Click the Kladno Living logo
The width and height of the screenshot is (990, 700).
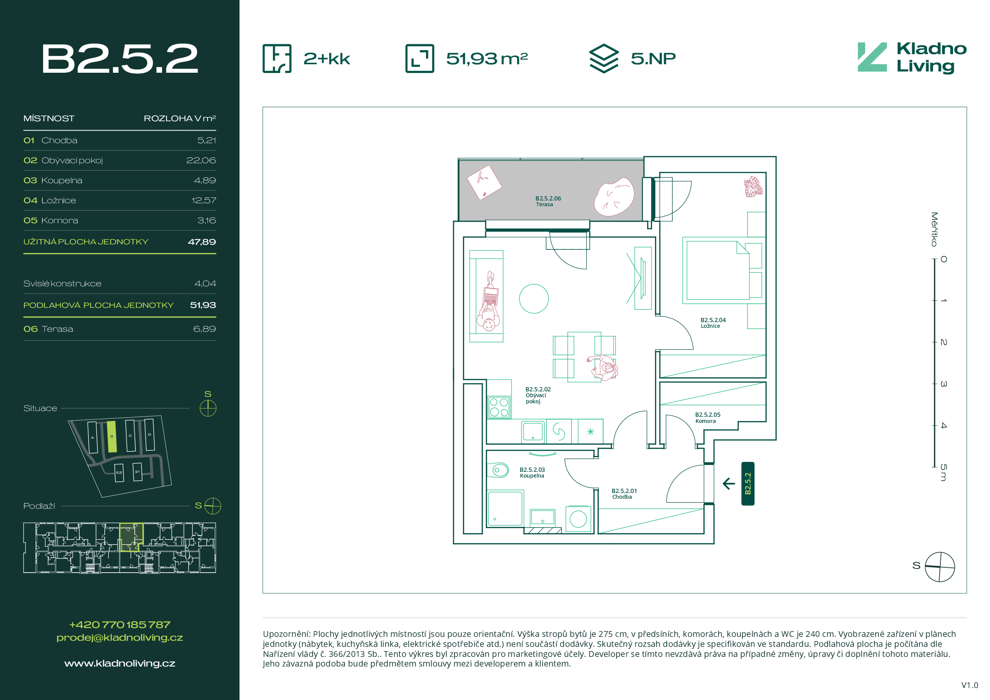912,58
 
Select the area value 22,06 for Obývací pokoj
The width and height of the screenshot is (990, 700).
201,160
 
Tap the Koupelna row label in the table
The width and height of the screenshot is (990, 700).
62,180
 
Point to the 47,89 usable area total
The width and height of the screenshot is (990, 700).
202,242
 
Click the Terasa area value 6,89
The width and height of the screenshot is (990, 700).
204,329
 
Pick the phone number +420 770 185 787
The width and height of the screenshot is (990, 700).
120,625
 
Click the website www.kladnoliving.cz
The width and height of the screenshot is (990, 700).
120,663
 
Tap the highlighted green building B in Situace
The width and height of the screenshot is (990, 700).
112,437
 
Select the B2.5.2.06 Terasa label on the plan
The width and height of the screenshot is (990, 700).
548,201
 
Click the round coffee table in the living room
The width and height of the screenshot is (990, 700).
534,298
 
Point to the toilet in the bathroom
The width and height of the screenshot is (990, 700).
498,470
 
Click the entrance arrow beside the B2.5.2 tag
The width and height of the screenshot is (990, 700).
729,484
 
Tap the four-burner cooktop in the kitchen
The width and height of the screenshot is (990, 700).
499,407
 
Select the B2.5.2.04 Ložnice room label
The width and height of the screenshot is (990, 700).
713,323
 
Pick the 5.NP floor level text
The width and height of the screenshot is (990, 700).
653,58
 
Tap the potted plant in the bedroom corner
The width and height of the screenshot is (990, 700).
753,187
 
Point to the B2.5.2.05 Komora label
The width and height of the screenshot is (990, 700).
707,418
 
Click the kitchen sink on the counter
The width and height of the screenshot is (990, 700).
533,431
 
